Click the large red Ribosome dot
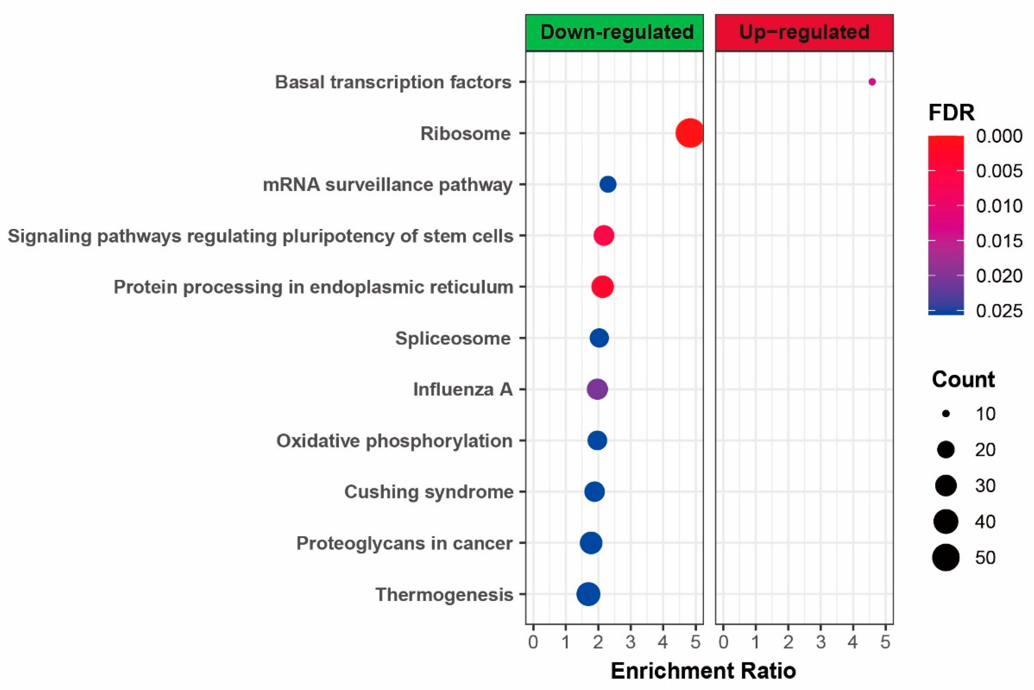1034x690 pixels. (689, 133)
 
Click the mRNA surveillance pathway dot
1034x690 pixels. (608, 184)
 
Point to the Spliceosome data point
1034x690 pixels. (599, 338)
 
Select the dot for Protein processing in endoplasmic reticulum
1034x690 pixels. (602, 287)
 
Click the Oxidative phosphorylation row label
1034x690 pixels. (394, 441)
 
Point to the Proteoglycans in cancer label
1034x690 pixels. (404, 543)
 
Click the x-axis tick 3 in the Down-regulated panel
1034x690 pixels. (631, 643)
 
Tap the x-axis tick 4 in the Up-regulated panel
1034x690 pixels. (853, 643)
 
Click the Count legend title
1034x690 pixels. (963, 379)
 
